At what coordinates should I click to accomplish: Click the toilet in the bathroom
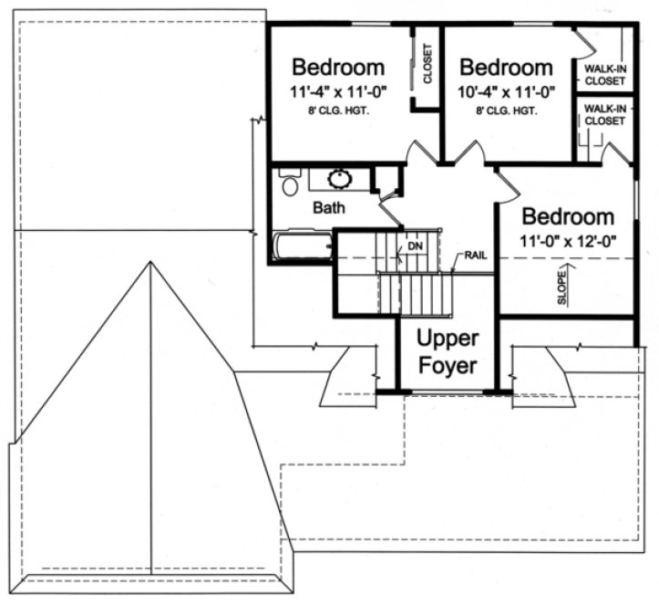tap(290, 185)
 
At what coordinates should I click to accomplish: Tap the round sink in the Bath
tap(344, 178)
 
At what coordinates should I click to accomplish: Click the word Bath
tap(329, 208)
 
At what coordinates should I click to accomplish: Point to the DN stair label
tap(415, 246)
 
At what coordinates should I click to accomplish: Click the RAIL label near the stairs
tap(475, 256)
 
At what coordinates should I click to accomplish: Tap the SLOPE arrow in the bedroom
tap(562, 286)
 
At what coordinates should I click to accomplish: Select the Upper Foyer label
tap(448, 352)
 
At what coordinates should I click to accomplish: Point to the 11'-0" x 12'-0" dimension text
tap(569, 242)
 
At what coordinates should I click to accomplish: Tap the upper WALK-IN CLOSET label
tap(605, 75)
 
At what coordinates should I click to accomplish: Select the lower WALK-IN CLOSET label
tap(605, 115)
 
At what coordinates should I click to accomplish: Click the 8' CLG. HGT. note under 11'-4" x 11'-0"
tap(337, 111)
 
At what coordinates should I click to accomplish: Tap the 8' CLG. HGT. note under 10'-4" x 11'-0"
tap(506, 111)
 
